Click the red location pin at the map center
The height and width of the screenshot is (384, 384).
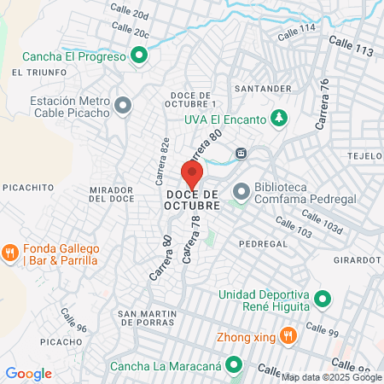coord(193,176)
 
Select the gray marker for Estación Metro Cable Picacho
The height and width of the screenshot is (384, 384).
coord(124,106)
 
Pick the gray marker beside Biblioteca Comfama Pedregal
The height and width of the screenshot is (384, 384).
coord(241,192)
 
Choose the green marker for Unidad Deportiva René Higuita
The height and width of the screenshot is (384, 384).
coord(322,300)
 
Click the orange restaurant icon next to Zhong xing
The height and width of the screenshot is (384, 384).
coord(288,336)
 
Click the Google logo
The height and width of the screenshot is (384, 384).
coord(29,373)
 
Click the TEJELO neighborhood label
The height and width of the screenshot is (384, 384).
coord(365,157)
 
